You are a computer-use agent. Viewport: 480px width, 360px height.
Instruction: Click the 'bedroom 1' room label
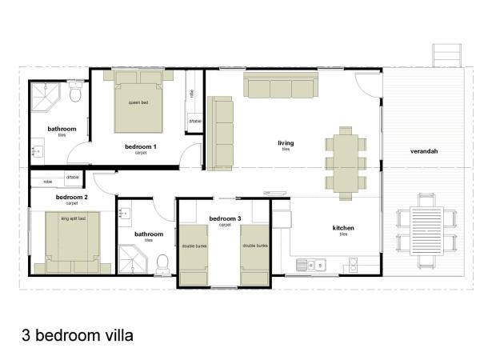click(140, 147)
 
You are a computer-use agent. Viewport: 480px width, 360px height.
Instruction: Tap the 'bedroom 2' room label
click(71, 197)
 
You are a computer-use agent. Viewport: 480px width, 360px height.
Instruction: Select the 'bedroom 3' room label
click(224, 218)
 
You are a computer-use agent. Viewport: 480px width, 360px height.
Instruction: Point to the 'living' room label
click(286, 143)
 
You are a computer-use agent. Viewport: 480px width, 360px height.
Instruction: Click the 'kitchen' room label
click(343, 228)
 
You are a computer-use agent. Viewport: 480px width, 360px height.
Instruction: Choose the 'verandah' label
click(424, 150)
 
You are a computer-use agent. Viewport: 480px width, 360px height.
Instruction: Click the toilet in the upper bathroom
click(75, 96)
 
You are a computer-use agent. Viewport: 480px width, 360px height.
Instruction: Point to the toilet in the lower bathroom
click(162, 262)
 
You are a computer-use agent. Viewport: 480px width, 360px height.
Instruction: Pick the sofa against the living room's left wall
click(220, 132)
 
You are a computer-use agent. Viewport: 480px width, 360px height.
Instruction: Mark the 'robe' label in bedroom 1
click(192, 93)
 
